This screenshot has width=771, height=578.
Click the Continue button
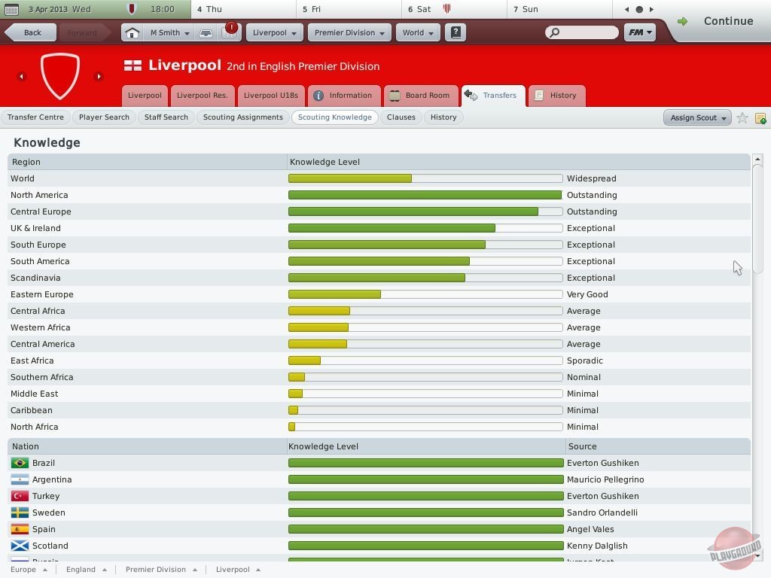720,21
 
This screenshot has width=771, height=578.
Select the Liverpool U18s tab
270,96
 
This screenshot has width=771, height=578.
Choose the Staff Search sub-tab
166,117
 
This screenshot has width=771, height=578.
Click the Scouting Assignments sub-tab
242,117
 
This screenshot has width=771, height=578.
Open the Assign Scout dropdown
697,117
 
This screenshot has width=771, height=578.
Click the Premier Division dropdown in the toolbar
349,32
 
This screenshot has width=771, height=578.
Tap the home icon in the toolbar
132,32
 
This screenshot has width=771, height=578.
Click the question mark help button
455,32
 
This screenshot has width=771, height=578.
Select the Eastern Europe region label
42,294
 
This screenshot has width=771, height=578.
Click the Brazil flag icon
20,463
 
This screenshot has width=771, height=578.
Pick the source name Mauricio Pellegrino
605,479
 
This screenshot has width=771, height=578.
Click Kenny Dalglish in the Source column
596,546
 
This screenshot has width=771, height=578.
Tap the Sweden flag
20,513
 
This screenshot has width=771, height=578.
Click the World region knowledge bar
425,178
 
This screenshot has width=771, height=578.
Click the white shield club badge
59,75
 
